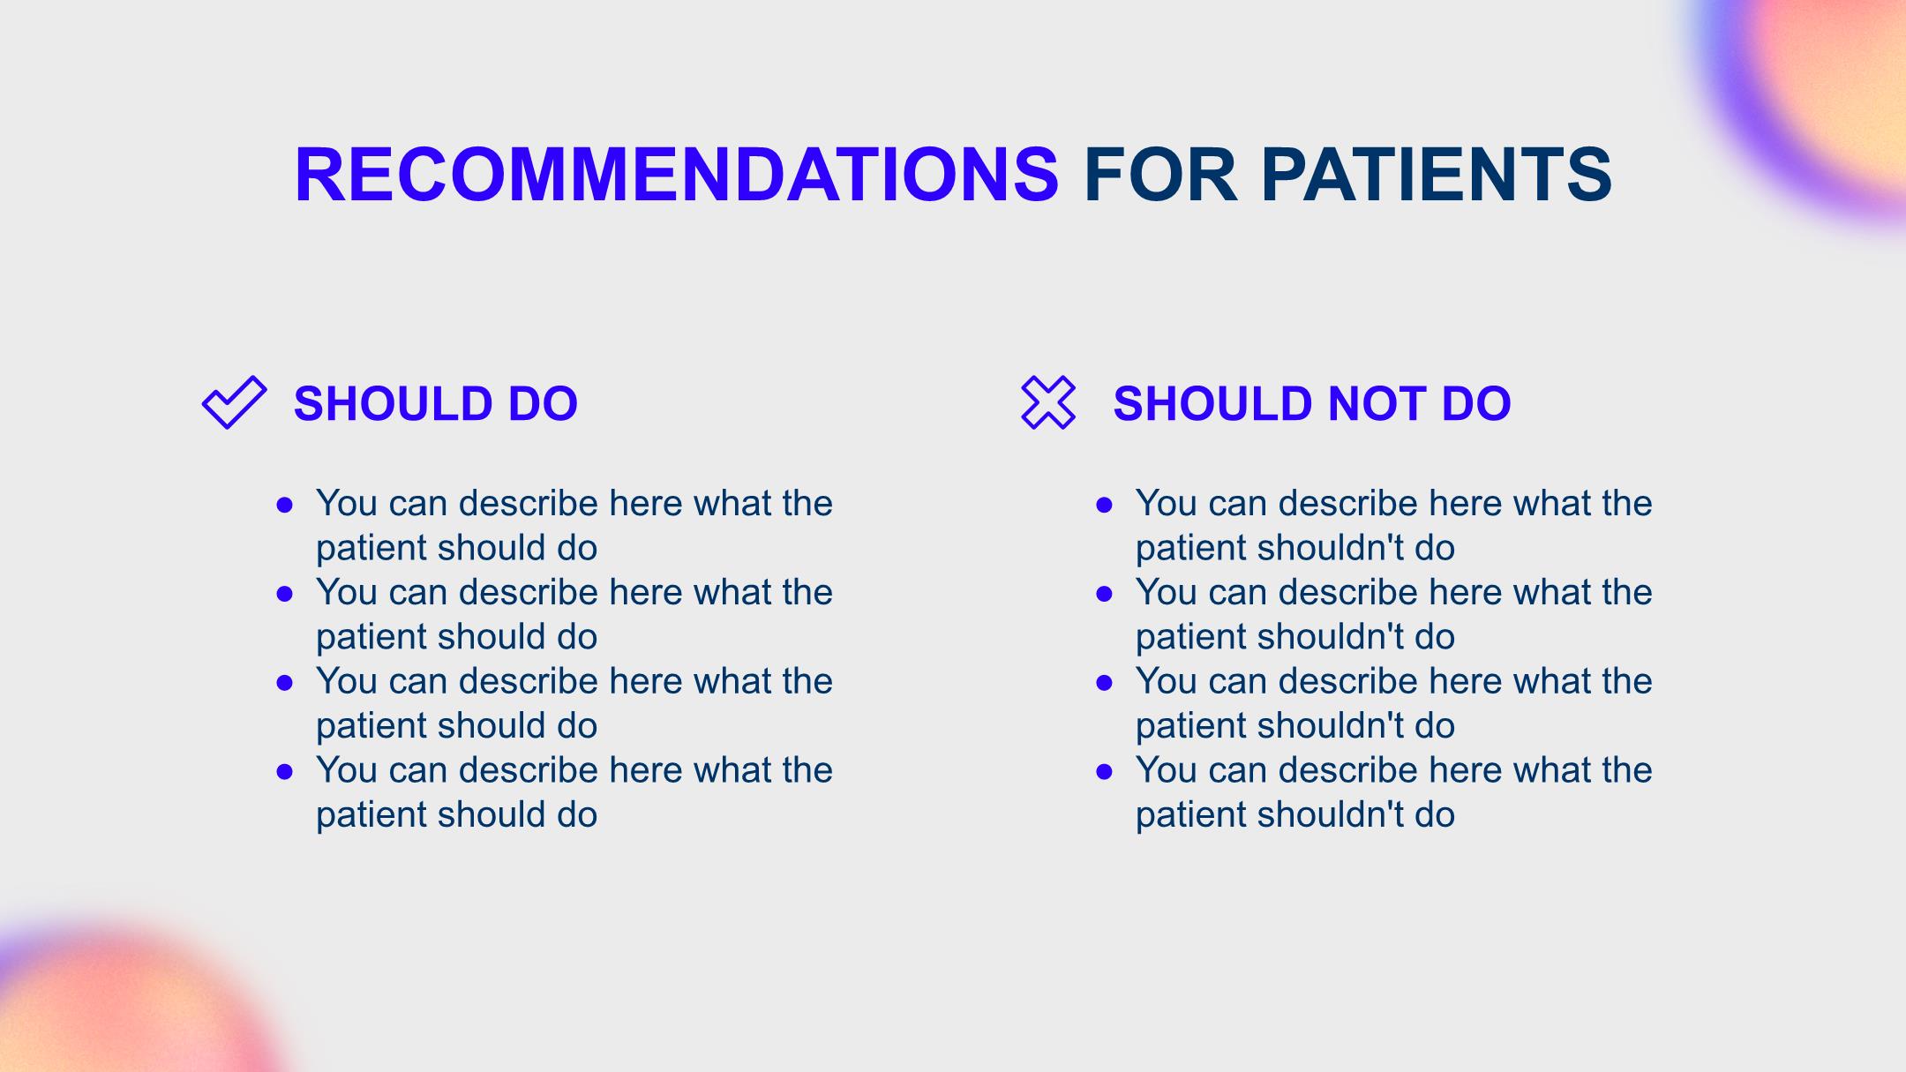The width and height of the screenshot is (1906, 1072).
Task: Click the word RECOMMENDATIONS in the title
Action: tap(677, 174)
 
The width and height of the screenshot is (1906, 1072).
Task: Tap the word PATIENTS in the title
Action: tap(1437, 174)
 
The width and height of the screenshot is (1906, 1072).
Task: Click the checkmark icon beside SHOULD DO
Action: tap(234, 402)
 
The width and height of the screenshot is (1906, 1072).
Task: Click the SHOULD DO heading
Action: tap(436, 403)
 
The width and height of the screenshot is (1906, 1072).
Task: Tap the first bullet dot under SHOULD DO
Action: tap(284, 505)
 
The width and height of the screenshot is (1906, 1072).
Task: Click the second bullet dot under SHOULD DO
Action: tap(284, 594)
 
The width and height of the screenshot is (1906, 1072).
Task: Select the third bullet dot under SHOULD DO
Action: tap(284, 683)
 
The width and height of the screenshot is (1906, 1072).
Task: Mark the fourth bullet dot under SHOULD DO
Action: tap(284, 772)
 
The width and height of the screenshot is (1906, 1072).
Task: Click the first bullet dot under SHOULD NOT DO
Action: tap(1104, 505)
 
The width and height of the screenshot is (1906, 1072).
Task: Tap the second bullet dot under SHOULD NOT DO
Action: tap(1104, 594)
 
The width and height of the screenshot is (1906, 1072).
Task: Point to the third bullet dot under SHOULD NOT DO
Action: tap(1104, 683)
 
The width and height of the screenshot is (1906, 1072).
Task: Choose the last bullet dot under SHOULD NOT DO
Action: tap(1104, 772)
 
